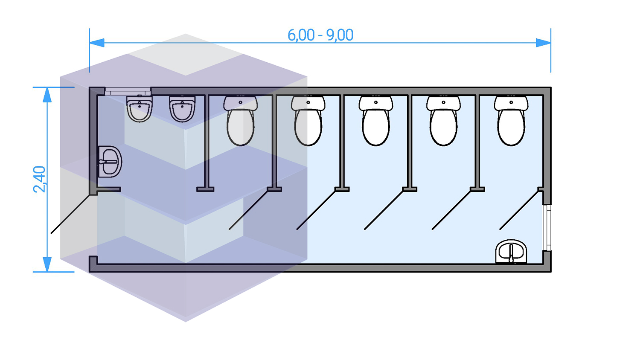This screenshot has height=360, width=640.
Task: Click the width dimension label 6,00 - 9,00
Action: point(320,35)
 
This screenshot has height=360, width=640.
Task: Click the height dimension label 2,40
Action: point(39,179)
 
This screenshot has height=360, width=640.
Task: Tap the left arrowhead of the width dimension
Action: point(97,43)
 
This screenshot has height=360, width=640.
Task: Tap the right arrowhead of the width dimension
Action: point(543,43)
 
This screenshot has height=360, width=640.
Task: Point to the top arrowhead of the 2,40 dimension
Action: point(47,95)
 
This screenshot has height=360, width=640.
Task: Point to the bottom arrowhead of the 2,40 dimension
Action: point(47,264)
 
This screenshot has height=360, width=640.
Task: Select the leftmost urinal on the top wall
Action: point(139,108)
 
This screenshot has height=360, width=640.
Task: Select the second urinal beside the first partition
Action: point(182,108)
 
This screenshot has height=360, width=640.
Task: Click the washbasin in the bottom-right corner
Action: point(511,252)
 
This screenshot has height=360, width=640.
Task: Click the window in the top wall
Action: point(128,91)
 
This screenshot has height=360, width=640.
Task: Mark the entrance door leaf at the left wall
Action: point(70,214)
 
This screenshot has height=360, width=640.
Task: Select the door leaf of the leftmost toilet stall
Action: point(248,210)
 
